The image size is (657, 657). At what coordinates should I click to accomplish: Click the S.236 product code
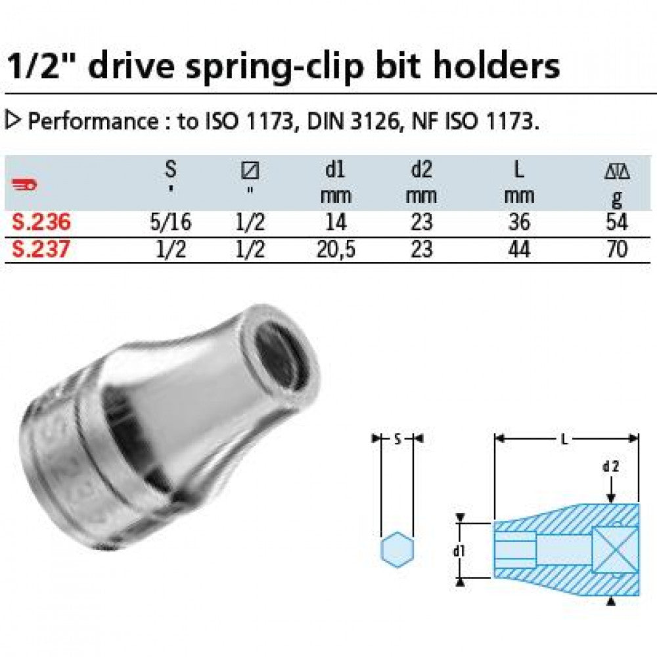pos(41,223)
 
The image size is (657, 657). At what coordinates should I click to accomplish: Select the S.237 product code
pos(41,250)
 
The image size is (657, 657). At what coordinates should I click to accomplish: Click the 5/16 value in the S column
pos(170,223)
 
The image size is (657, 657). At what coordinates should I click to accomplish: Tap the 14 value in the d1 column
pos(336,223)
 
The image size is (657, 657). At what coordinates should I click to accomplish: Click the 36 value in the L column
pos(519,223)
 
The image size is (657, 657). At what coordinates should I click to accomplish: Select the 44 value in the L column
pos(519,250)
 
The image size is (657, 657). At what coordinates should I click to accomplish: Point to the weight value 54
pos(617,223)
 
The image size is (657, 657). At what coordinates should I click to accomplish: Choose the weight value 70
pos(617,250)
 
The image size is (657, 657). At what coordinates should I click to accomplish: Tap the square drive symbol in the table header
pos(250,171)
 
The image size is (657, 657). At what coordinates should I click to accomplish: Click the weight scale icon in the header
pos(616,172)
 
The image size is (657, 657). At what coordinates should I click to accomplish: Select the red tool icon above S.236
pos(25,186)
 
